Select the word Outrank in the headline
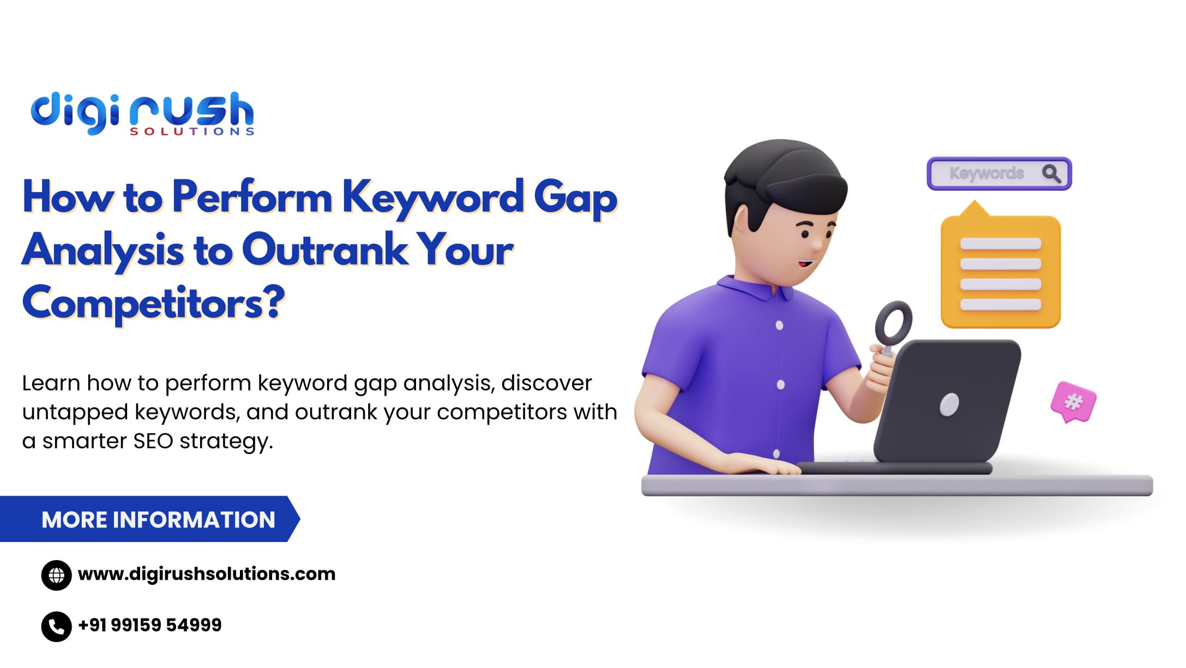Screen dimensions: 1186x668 click(x=324, y=250)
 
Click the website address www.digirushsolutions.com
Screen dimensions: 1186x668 click(x=207, y=574)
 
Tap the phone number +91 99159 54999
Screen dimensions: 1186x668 click(x=150, y=625)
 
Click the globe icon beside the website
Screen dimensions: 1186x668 click(x=57, y=575)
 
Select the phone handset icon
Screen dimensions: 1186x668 click(x=57, y=627)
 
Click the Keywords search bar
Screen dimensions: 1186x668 click(x=999, y=173)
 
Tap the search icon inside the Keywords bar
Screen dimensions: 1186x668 click(x=1051, y=173)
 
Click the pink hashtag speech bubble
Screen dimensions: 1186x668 click(x=1073, y=402)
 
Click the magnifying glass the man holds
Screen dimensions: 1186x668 click(x=893, y=327)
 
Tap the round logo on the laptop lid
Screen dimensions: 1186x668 click(x=949, y=405)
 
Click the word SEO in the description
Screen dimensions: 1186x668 click(x=153, y=441)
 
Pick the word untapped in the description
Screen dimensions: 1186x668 click(x=75, y=413)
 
